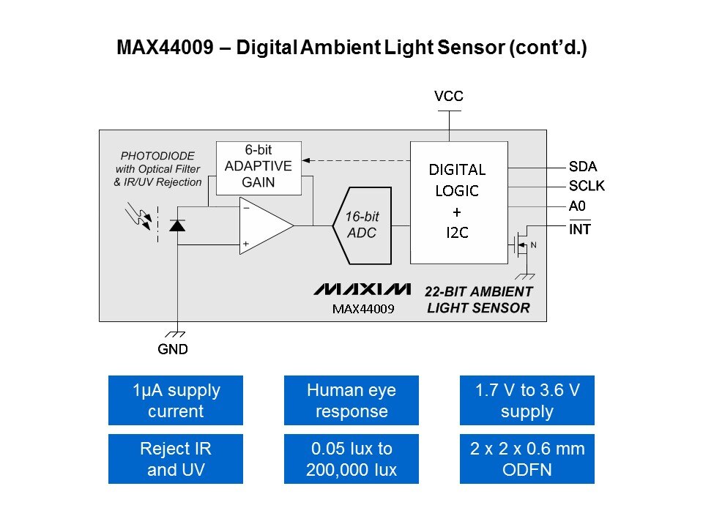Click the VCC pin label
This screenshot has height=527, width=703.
(448, 97)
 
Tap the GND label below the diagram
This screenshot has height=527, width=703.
(173, 349)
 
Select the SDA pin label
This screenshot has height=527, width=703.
(583, 166)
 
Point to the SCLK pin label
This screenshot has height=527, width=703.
(587, 186)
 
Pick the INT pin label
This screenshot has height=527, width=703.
(580, 229)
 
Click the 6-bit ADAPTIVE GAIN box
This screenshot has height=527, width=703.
(258, 168)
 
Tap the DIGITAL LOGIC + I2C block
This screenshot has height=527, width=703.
(458, 201)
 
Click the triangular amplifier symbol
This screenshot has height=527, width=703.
(264, 226)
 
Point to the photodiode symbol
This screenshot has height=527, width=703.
(176, 225)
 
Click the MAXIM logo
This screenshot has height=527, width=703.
(362, 290)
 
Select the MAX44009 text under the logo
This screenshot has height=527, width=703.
(363, 309)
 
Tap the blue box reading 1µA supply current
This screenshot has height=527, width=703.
(176, 400)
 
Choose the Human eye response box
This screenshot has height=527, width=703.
(351, 400)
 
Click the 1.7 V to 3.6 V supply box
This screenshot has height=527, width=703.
(527, 400)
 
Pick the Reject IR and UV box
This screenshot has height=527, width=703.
(176, 459)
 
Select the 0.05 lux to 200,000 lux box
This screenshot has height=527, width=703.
(351, 459)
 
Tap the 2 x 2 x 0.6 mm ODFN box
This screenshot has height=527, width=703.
(527, 459)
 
